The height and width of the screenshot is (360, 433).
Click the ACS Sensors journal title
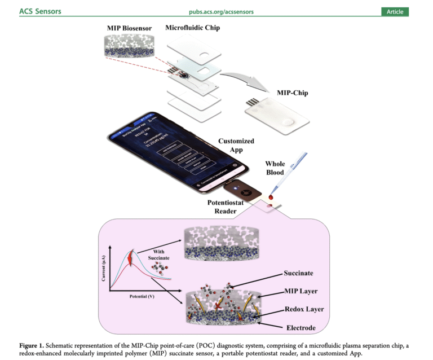tap(40, 11)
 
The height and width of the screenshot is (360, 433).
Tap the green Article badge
tap(395, 12)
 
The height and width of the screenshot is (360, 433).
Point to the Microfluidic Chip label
tap(192, 28)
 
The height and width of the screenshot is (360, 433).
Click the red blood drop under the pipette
tap(273, 197)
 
